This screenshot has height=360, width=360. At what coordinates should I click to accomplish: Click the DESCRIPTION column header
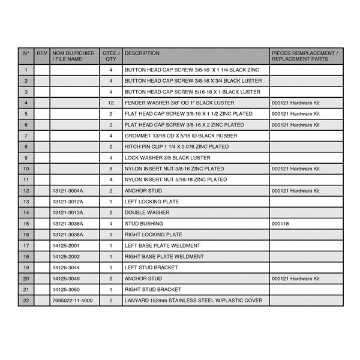(142, 53)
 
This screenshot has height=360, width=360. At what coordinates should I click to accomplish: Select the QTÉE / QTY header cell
(111, 56)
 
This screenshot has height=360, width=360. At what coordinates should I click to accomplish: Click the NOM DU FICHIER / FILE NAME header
(71, 56)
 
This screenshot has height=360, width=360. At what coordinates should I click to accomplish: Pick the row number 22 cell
(26, 301)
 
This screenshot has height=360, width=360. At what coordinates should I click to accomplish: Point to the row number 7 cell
(26, 136)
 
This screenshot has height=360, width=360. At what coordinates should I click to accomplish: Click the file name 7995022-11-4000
(73, 301)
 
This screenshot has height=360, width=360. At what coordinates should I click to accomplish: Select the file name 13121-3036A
(68, 224)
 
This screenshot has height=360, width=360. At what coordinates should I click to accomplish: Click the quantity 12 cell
(111, 103)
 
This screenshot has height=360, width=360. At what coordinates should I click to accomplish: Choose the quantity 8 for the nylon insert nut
(111, 169)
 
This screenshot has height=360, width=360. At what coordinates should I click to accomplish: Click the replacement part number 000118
(280, 224)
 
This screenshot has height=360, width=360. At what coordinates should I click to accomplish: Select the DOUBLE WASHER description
(147, 212)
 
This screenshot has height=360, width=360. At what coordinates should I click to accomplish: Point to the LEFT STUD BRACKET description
(151, 268)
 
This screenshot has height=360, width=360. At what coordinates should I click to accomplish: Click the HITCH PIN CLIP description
(176, 146)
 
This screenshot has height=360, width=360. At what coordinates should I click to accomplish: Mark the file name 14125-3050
(65, 290)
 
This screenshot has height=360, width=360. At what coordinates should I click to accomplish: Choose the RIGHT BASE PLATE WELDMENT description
(164, 257)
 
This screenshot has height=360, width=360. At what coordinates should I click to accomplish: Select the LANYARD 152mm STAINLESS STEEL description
(193, 301)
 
